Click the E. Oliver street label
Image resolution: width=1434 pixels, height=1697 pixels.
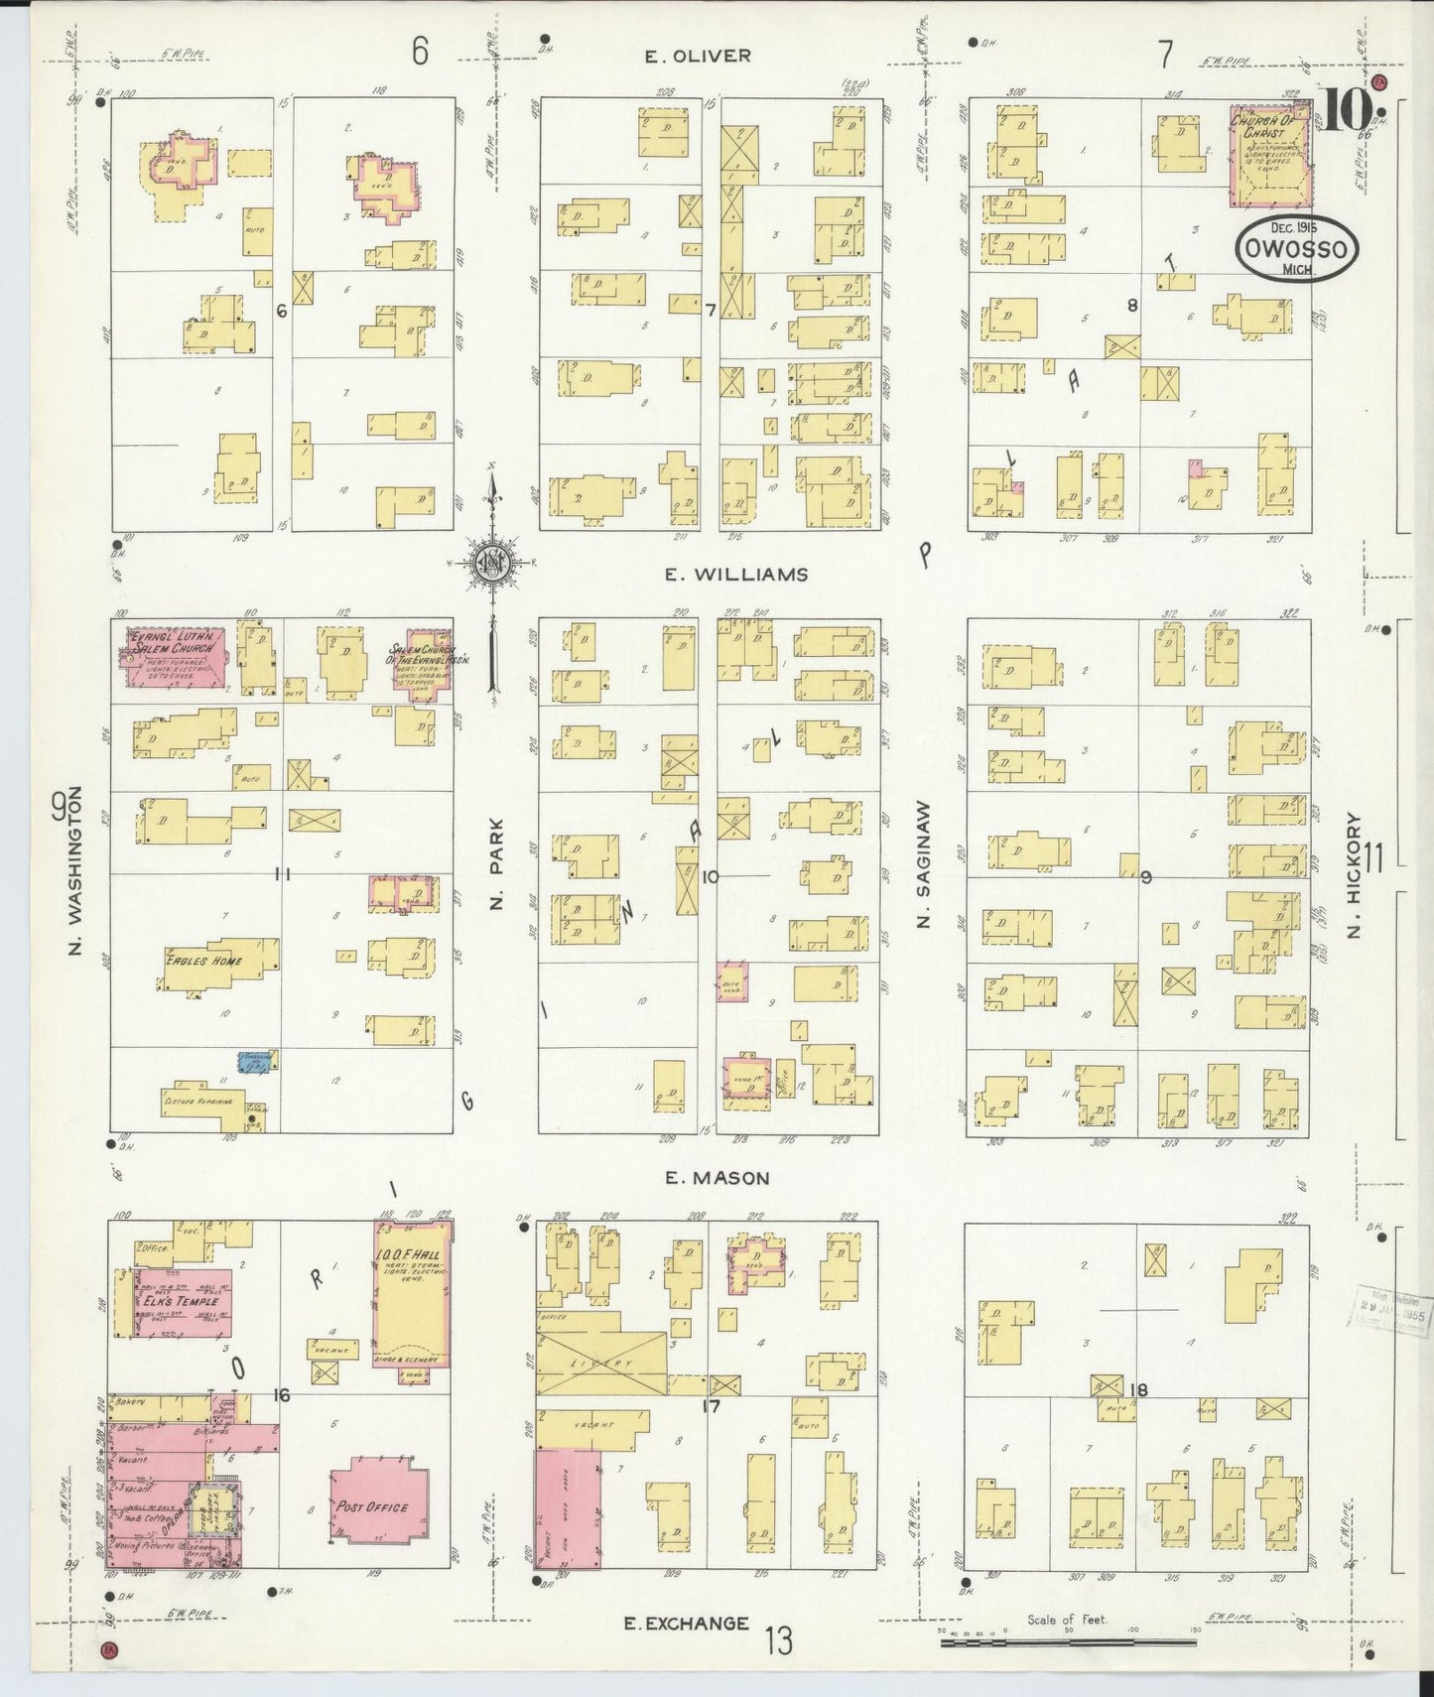click(698, 57)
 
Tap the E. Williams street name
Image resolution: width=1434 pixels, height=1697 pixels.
click(736, 575)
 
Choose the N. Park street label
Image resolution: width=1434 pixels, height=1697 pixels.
click(498, 863)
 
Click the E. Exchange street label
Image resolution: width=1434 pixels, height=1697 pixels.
click(686, 1624)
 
